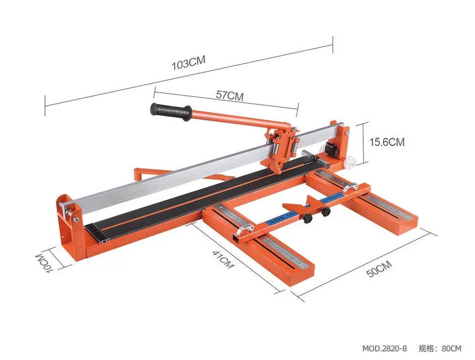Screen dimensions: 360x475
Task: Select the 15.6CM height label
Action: (x=387, y=142)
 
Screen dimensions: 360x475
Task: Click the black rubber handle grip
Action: (x=171, y=111)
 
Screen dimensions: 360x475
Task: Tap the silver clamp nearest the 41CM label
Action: (x=244, y=230)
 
